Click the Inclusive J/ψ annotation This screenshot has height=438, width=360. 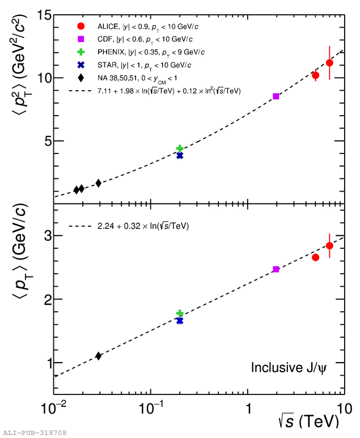pyautogui.click(x=289, y=368)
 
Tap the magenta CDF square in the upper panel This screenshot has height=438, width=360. pyautogui.click(x=276, y=96)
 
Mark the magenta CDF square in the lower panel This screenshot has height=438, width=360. pyautogui.click(x=276, y=269)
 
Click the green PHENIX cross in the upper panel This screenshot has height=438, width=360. pyautogui.click(x=180, y=148)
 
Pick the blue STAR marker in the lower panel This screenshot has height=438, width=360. pyautogui.click(x=180, y=321)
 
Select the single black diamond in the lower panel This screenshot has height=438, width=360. pyautogui.click(x=99, y=356)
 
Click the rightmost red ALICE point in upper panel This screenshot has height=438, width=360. pyautogui.click(x=329, y=63)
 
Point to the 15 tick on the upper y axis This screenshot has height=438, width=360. pyautogui.click(x=42, y=15)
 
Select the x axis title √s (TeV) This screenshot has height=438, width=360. pyautogui.click(x=308, y=422)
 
